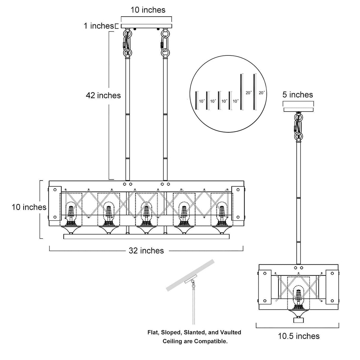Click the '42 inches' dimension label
coord(103,95)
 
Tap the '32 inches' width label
coord(146,251)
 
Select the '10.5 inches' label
coord(299,336)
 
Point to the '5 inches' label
coord(297,95)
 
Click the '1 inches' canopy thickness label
coord(98,26)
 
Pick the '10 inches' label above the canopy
coord(148,10)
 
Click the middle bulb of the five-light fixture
coord(146,213)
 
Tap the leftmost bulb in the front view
coord(71,213)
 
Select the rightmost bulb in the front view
coord(222,213)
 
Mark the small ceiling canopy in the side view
coord(298,109)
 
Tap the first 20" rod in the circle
coord(241,92)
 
